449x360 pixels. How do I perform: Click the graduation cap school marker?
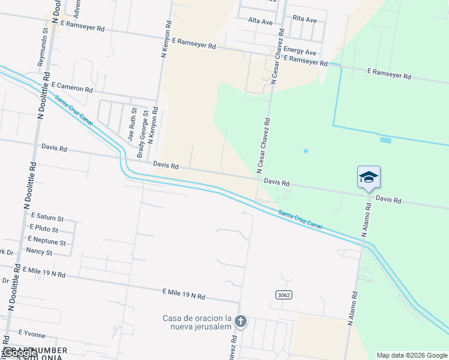click(x=369, y=176)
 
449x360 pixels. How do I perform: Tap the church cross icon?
click(x=240, y=322)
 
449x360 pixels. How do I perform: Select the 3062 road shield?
click(x=284, y=295)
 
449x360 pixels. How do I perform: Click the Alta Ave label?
click(x=261, y=22)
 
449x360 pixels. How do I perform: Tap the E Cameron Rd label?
click(x=72, y=88)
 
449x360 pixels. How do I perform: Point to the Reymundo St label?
click(x=43, y=46)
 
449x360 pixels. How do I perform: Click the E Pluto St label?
click(x=44, y=230)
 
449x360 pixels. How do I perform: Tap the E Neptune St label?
click(x=46, y=242)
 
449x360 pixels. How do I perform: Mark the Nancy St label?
click(x=39, y=253)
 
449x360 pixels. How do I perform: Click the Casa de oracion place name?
click(x=197, y=322)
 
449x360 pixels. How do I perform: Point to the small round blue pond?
click(x=306, y=151)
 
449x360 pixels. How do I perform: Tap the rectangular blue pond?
click(x=385, y=140)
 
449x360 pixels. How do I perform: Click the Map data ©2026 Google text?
click(x=412, y=355)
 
